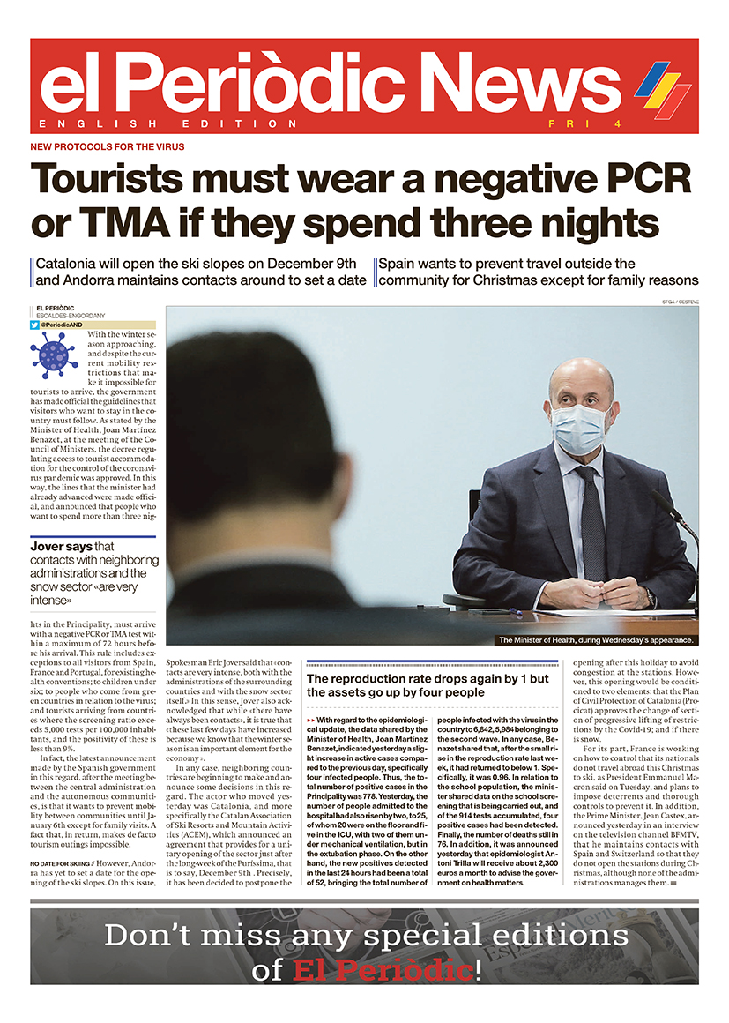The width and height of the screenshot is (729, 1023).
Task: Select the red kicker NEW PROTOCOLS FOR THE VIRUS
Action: point(108,146)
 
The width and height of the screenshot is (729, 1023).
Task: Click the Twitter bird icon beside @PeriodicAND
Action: point(33,325)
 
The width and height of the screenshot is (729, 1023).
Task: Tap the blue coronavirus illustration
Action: point(54,354)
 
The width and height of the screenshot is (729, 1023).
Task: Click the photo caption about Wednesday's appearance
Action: point(596,640)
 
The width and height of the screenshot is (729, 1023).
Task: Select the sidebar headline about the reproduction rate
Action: point(427,685)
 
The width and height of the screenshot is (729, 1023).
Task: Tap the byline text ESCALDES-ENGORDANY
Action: point(73,316)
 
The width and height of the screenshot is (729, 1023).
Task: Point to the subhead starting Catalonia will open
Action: point(201,272)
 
